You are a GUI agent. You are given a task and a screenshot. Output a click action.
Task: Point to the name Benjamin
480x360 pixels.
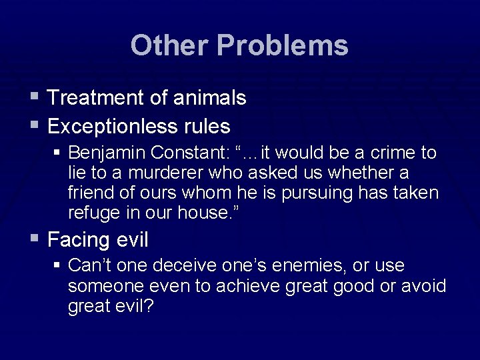click(107, 153)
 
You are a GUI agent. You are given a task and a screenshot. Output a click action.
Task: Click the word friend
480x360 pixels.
click(87, 193)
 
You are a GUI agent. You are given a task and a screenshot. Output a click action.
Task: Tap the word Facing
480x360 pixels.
click(79, 239)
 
